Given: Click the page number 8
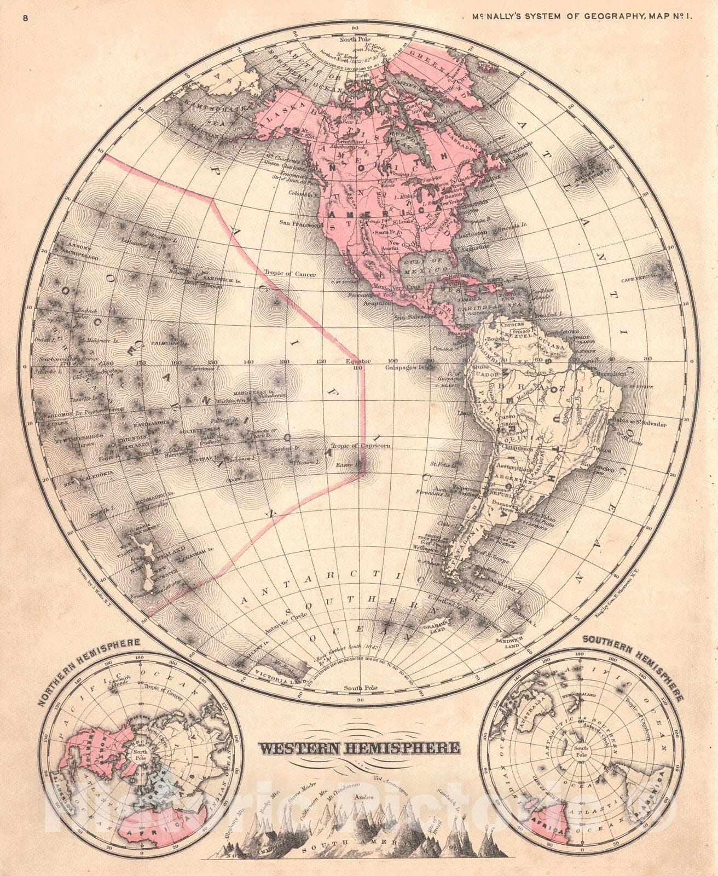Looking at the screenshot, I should tap(26, 18).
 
